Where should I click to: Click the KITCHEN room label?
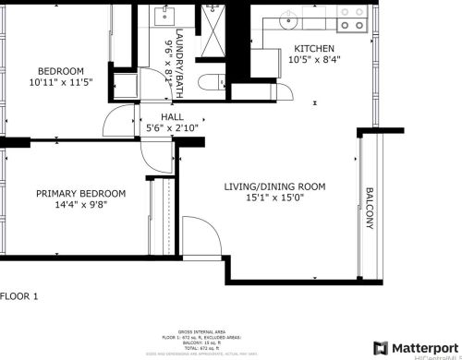314,49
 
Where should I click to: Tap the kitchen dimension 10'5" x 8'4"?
314,61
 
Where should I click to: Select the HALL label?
172,117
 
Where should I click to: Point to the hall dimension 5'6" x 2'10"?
172,130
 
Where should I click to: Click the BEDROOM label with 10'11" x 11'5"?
61,71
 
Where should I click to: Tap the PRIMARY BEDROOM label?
80,193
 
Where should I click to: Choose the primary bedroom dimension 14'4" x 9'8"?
80,205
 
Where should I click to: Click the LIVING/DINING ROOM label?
274,186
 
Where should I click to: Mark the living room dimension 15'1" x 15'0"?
274,198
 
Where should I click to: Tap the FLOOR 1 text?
19,296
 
